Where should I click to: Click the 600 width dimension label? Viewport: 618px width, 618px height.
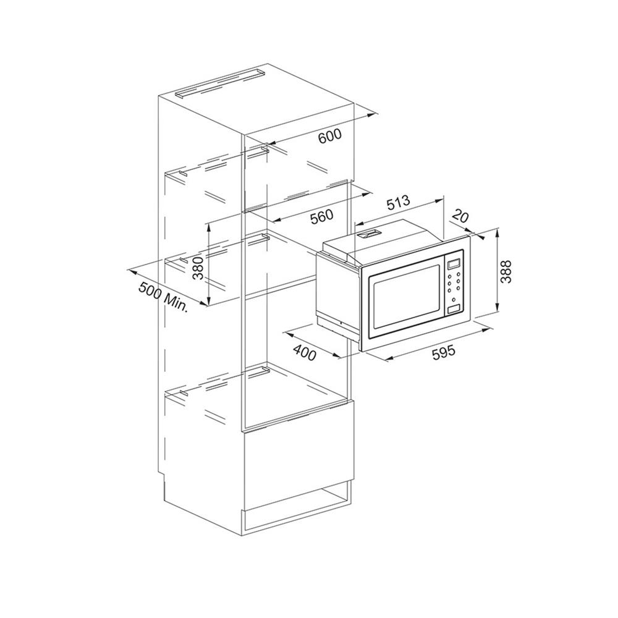pos(329,137)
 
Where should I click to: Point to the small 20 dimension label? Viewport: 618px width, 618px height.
pos(459,216)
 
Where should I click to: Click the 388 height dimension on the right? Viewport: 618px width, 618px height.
pos(506,271)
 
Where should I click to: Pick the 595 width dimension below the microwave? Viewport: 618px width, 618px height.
pos(443,352)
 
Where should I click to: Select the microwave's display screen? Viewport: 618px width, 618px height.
pos(454,265)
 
